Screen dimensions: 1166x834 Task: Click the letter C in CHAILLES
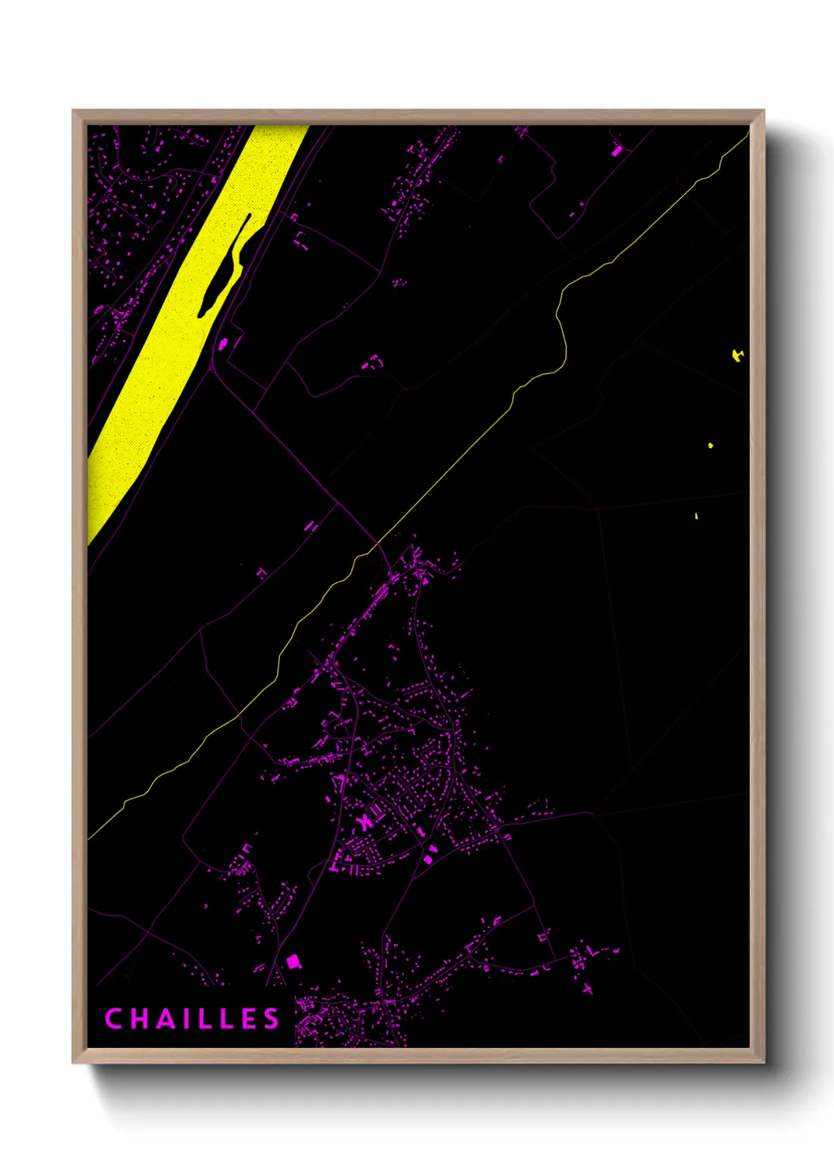112,1019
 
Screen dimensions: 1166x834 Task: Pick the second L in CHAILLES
226,1019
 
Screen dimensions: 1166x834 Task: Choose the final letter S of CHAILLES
272,1019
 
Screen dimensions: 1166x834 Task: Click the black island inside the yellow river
224,268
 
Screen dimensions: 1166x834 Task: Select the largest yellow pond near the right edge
737,355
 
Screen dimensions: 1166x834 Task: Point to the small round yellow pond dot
710,446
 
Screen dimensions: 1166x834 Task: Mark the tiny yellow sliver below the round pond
697,517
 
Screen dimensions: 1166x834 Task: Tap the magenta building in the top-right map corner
617,150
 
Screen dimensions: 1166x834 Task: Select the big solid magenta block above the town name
294,960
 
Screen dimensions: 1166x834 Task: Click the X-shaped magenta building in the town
364,823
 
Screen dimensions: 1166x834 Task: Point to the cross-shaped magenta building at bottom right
588,989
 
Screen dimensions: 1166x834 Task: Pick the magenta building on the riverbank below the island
223,343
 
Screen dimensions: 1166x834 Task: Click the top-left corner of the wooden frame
73,111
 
